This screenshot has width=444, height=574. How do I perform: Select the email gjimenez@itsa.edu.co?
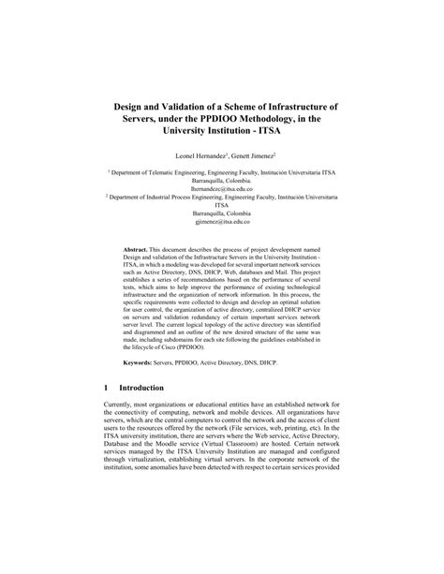(x=222, y=223)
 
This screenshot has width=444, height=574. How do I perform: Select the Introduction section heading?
(x=154, y=388)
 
